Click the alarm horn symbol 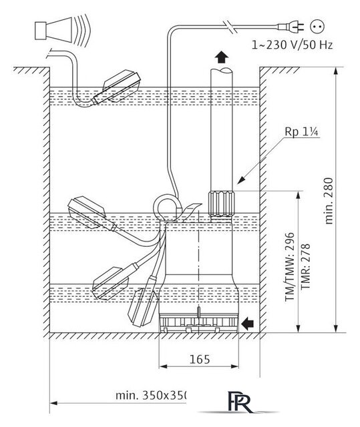(x=62, y=29)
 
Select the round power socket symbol (x=317, y=27)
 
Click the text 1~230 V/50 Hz (x=292, y=45)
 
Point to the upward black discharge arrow (x=221, y=57)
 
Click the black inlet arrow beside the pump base (x=248, y=323)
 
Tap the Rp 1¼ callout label (x=301, y=132)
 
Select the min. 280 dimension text (x=329, y=201)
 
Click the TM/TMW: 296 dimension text (x=290, y=267)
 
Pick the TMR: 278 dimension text (x=305, y=267)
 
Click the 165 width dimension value (x=200, y=360)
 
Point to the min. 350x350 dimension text (x=152, y=395)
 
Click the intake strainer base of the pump (x=198, y=322)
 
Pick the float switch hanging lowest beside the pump (x=143, y=302)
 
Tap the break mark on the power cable (x=230, y=27)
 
